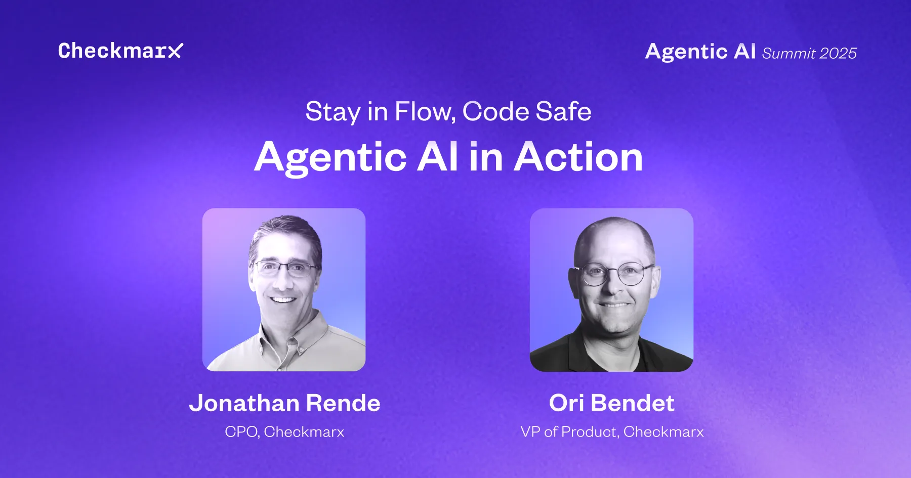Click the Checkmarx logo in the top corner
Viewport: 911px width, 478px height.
pos(120,51)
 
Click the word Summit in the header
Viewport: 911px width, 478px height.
pos(789,53)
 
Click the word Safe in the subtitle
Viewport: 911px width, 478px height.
pos(563,111)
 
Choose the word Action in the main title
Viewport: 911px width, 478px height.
pos(578,157)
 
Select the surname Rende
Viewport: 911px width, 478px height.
pos(343,403)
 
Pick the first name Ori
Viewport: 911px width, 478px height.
pos(566,403)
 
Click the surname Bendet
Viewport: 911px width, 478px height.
pos(633,403)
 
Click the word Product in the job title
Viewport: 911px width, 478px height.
pos(590,432)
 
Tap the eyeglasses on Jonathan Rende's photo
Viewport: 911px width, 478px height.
pos(285,269)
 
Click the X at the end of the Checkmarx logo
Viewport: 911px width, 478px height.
pos(175,51)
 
